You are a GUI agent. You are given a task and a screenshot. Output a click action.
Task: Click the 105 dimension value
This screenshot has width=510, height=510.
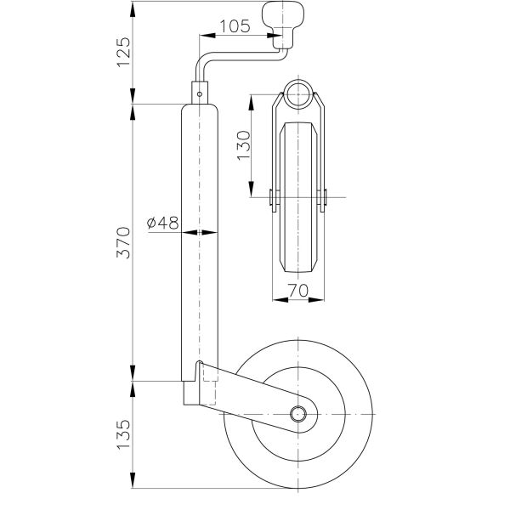point(235,26)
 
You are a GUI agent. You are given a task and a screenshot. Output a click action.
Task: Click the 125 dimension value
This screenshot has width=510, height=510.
point(123,53)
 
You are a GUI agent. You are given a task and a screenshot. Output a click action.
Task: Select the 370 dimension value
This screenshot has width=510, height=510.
point(123,243)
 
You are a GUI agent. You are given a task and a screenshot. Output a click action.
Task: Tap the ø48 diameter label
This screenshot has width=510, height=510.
point(162,223)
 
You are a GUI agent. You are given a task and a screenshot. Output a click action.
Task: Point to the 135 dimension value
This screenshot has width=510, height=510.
point(123,434)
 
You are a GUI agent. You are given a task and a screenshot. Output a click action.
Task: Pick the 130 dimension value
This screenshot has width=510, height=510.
point(244,145)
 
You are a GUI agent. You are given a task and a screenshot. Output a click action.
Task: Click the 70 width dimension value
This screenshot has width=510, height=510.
point(298,290)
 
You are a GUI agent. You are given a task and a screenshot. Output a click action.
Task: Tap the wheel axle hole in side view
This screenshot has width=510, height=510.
point(298,414)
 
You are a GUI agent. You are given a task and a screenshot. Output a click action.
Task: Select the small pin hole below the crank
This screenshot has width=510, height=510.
point(200,94)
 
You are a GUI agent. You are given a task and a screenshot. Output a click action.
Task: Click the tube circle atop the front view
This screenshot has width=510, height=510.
point(298,93)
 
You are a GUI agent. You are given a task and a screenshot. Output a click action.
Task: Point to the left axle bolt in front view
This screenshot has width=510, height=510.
point(274,197)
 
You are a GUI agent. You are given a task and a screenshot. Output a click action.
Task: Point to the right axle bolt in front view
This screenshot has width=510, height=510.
point(322,197)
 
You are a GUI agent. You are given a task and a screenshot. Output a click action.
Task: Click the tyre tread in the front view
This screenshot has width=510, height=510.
point(298,197)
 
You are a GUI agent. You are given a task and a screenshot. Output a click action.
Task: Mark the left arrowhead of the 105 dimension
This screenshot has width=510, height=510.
point(207,36)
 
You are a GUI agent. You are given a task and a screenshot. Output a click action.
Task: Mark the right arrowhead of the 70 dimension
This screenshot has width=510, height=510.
point(316,299)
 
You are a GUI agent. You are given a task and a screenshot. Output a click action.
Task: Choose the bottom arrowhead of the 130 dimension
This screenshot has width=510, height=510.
point(252,190)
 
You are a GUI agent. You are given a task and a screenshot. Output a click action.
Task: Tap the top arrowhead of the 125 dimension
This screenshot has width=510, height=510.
point(133,9)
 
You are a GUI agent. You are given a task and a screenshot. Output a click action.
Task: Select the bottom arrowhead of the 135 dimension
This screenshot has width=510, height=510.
point(133,479)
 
